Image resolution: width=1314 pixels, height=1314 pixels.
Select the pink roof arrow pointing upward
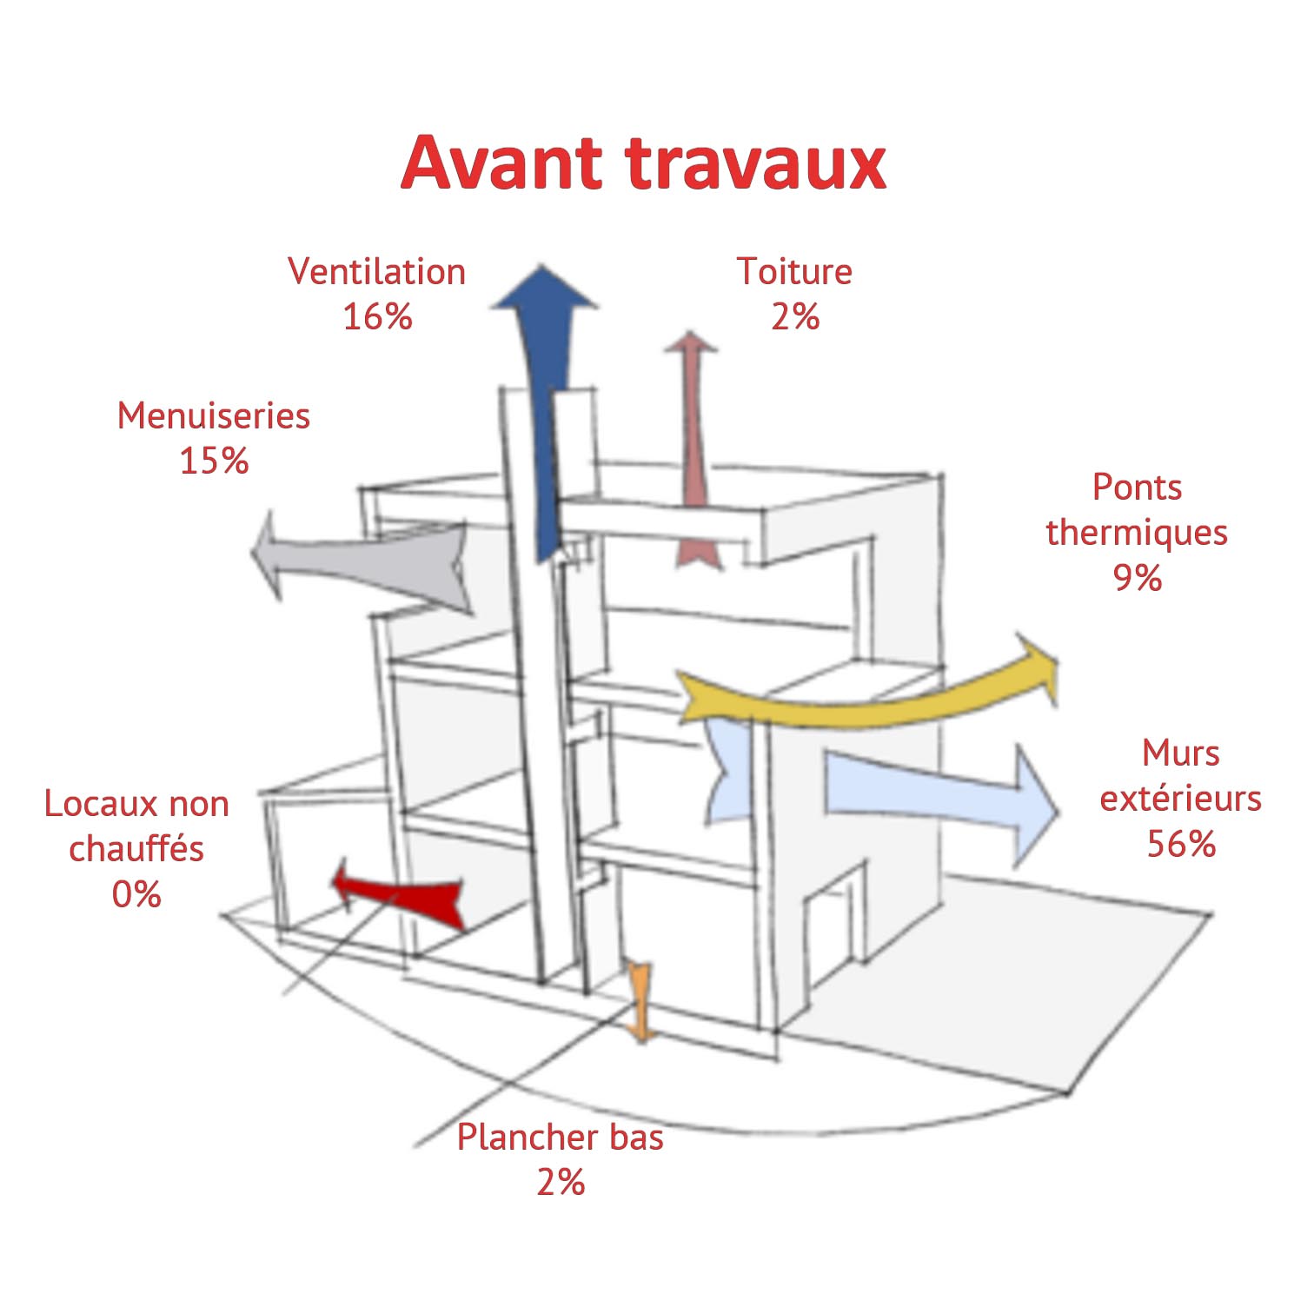(693, 450)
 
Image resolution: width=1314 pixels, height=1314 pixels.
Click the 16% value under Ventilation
(377, 317)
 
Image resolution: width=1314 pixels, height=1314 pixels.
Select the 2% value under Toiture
(795, 317)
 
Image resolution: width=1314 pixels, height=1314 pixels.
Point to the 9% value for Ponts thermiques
(1138, 578)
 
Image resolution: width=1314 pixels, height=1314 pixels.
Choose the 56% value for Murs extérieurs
(1181, 844)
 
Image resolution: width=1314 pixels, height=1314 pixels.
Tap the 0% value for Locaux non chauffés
(136, 894)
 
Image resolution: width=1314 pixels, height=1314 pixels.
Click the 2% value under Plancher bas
(561, 1183)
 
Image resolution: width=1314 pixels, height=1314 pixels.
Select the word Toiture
(794, 272)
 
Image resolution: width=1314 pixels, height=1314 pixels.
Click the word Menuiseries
(214, 416)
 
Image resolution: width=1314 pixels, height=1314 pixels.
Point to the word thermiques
(1137, 533)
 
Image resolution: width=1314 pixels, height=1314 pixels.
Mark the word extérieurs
(1181, 799)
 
